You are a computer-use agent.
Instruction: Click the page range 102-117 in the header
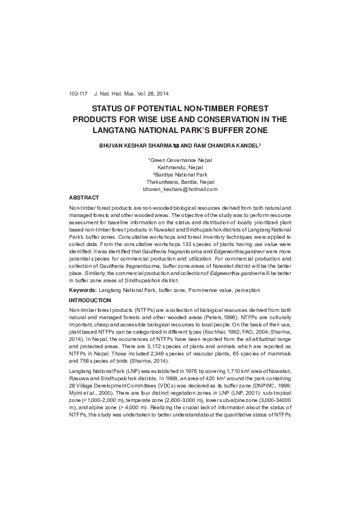[x=78, y=94]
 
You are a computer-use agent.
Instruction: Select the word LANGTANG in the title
[x=113, y=130]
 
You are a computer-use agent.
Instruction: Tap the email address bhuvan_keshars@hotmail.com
[x=180, y=189]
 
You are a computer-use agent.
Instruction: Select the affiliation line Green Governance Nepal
[x=181, y=160]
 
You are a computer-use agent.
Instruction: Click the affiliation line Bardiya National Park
[x=180, y=175]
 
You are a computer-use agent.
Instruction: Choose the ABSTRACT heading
[x=84, y=198]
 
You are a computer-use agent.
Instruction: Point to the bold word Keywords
[x=83, y=291]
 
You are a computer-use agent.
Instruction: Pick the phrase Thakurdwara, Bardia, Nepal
[x=180, y=182]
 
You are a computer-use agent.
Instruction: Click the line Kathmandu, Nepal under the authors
[x=180, y=167]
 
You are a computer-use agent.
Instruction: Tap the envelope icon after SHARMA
[x=176, y=146]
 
